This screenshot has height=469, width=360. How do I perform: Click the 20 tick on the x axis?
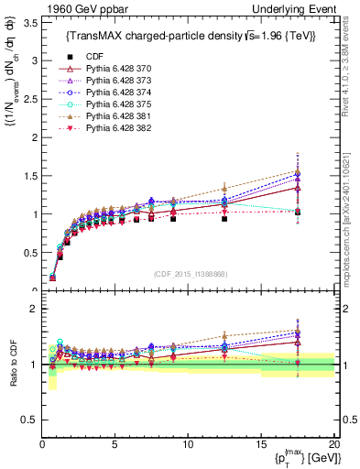pyautogui.click(x=333, y=444)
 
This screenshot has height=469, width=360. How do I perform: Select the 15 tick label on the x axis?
pyautogui.click(x=260, y=444)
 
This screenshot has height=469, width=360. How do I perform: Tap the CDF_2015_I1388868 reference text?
pyautogui.click(x=191, y=274)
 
